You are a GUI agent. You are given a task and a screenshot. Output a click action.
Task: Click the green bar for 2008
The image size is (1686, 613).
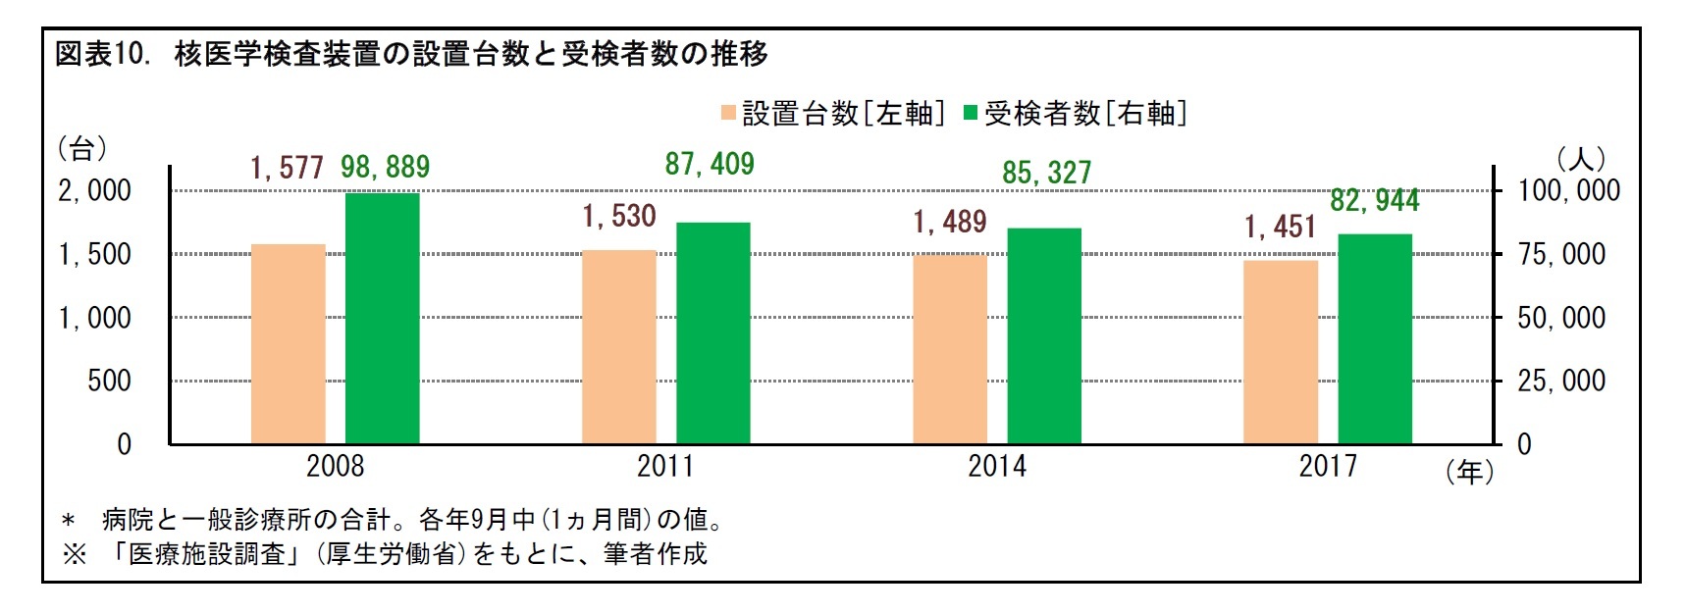382,319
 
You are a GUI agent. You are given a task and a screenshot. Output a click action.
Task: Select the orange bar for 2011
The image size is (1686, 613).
618,347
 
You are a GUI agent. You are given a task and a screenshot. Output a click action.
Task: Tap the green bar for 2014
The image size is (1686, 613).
1044,335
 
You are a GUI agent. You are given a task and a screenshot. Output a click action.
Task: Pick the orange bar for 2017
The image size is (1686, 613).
1280,352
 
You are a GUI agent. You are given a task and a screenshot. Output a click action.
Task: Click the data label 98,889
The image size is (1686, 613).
385,168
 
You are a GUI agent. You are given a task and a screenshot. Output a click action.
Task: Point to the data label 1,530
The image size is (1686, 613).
618,216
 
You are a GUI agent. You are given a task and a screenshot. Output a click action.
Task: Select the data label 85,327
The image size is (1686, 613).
1046,174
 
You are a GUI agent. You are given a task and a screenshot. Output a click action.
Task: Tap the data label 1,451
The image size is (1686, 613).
1280,228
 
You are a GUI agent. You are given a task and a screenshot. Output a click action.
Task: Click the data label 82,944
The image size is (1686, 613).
1374,201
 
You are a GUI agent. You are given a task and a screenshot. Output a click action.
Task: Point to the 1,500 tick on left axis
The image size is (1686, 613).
94,255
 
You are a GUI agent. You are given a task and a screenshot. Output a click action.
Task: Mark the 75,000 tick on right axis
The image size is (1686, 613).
1561,255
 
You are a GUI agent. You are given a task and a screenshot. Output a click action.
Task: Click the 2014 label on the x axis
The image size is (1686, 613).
997,466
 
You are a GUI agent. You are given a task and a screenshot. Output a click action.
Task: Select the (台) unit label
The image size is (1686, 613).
82,149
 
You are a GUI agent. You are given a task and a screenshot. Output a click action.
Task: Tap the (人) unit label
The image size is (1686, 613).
1580,159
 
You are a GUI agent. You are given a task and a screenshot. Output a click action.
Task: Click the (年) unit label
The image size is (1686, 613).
1469,473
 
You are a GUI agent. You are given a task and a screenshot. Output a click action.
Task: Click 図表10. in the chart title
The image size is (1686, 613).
102,54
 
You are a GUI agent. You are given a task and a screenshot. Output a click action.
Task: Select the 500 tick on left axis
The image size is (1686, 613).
109,382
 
